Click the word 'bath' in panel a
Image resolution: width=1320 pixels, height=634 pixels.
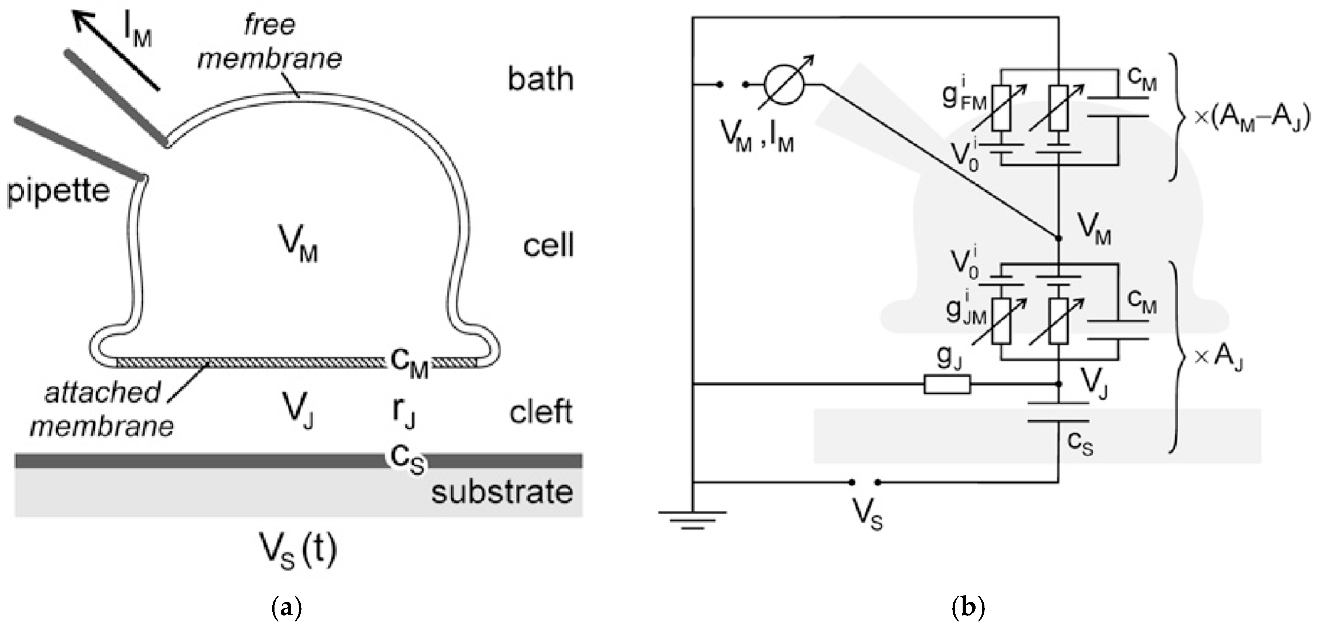540,80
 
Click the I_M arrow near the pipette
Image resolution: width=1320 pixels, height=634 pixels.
116,51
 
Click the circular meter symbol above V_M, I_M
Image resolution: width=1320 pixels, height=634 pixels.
784,84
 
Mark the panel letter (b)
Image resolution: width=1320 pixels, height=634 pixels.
968,608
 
